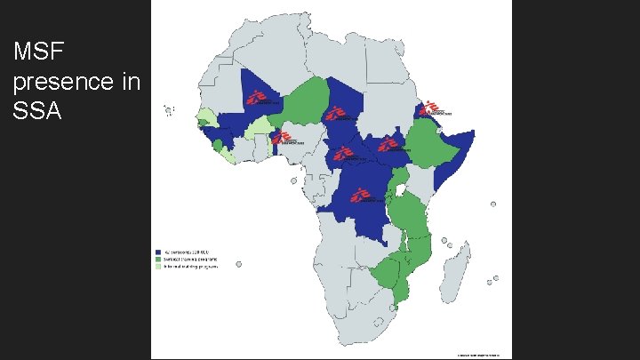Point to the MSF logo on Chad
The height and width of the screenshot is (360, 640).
(336, 113)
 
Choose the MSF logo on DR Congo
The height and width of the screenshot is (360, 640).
(360, 196)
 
